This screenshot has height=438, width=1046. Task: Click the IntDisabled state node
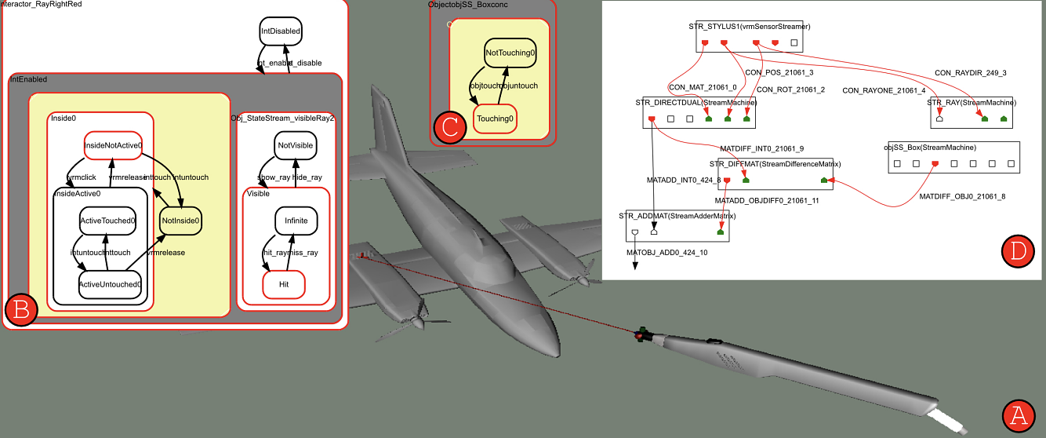click(x=280, y=31)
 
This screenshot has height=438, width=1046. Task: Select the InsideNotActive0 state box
click(x=113, y=144)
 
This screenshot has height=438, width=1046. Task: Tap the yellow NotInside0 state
click(x=181, y=221)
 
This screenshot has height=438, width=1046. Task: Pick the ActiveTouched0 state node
click(x=107, y=221)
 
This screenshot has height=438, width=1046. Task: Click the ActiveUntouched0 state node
click(x=111, y=284)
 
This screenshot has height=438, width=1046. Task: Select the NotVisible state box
click(x=295, y=144)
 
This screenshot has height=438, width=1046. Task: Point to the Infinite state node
click(x=296, y=221)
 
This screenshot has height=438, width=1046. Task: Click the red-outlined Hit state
click(x=284, y=285)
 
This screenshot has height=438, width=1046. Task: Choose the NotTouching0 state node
click(x=510, y=53)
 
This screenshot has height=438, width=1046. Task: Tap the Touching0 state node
click(x=496, y=119)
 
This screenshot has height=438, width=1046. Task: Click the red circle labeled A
click(x=1019, y=414)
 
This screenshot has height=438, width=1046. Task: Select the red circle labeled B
click(x=20, y=311)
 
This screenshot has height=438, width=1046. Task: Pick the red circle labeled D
click(x=1018, y=250)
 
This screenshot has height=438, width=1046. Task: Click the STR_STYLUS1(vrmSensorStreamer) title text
click(x=749, y=26)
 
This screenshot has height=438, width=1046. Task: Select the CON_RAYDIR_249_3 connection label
click(x=970, y=73)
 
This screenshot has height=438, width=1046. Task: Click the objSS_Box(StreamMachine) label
click(x=929, y=147)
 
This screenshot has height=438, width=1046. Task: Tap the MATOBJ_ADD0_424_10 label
click(x=666, y=254)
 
